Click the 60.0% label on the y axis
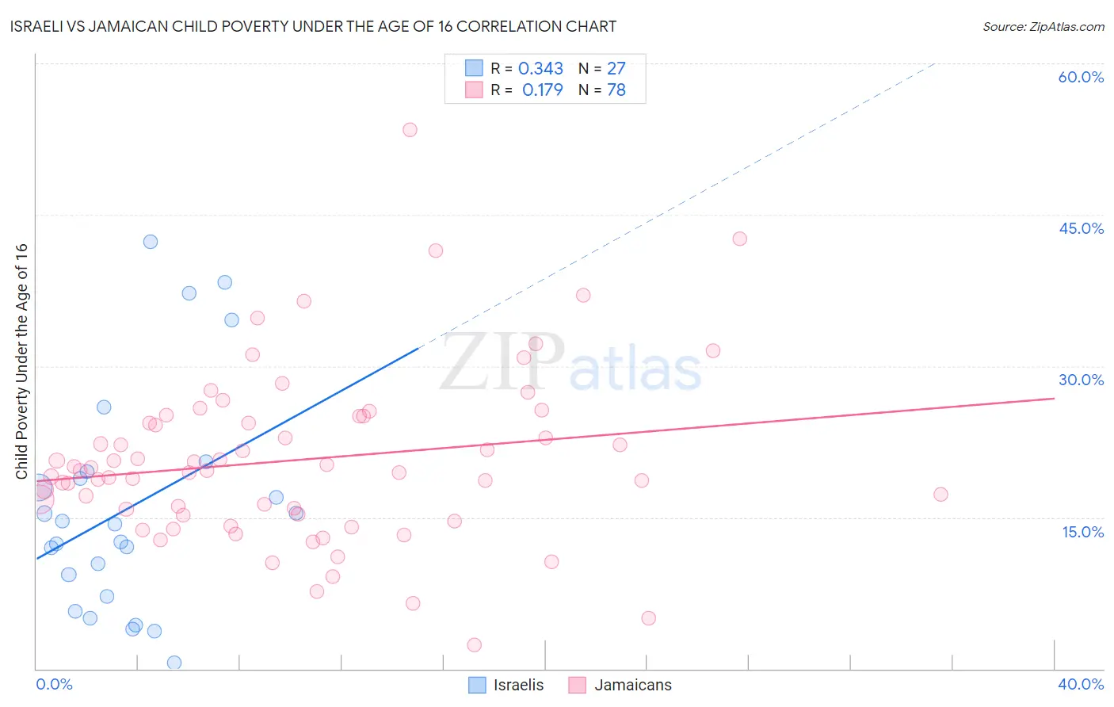tap(1081, 77)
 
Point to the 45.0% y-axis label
tap(1081, 228)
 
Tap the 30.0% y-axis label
tap(1081, 380)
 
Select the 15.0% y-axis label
tap(1082, 532)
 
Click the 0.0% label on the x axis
tap(54, 684)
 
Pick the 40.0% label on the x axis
tap(1080, 684)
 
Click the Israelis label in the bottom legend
tap(518, 685)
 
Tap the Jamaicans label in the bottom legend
tap(632, 685)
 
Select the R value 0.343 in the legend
tap(540, 69)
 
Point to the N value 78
tap(616, 90)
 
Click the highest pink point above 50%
tap(410, 130)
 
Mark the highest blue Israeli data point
tap(151, 242)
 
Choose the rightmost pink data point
tap(940, 495)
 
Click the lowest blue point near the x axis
tap(174, 663)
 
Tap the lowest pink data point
tap(474, 645)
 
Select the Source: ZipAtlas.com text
tap(1043, 27)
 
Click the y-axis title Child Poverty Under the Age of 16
tap(22, 361)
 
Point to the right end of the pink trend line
tap(1054, 398)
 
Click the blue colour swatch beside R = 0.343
tap(474, 68)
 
